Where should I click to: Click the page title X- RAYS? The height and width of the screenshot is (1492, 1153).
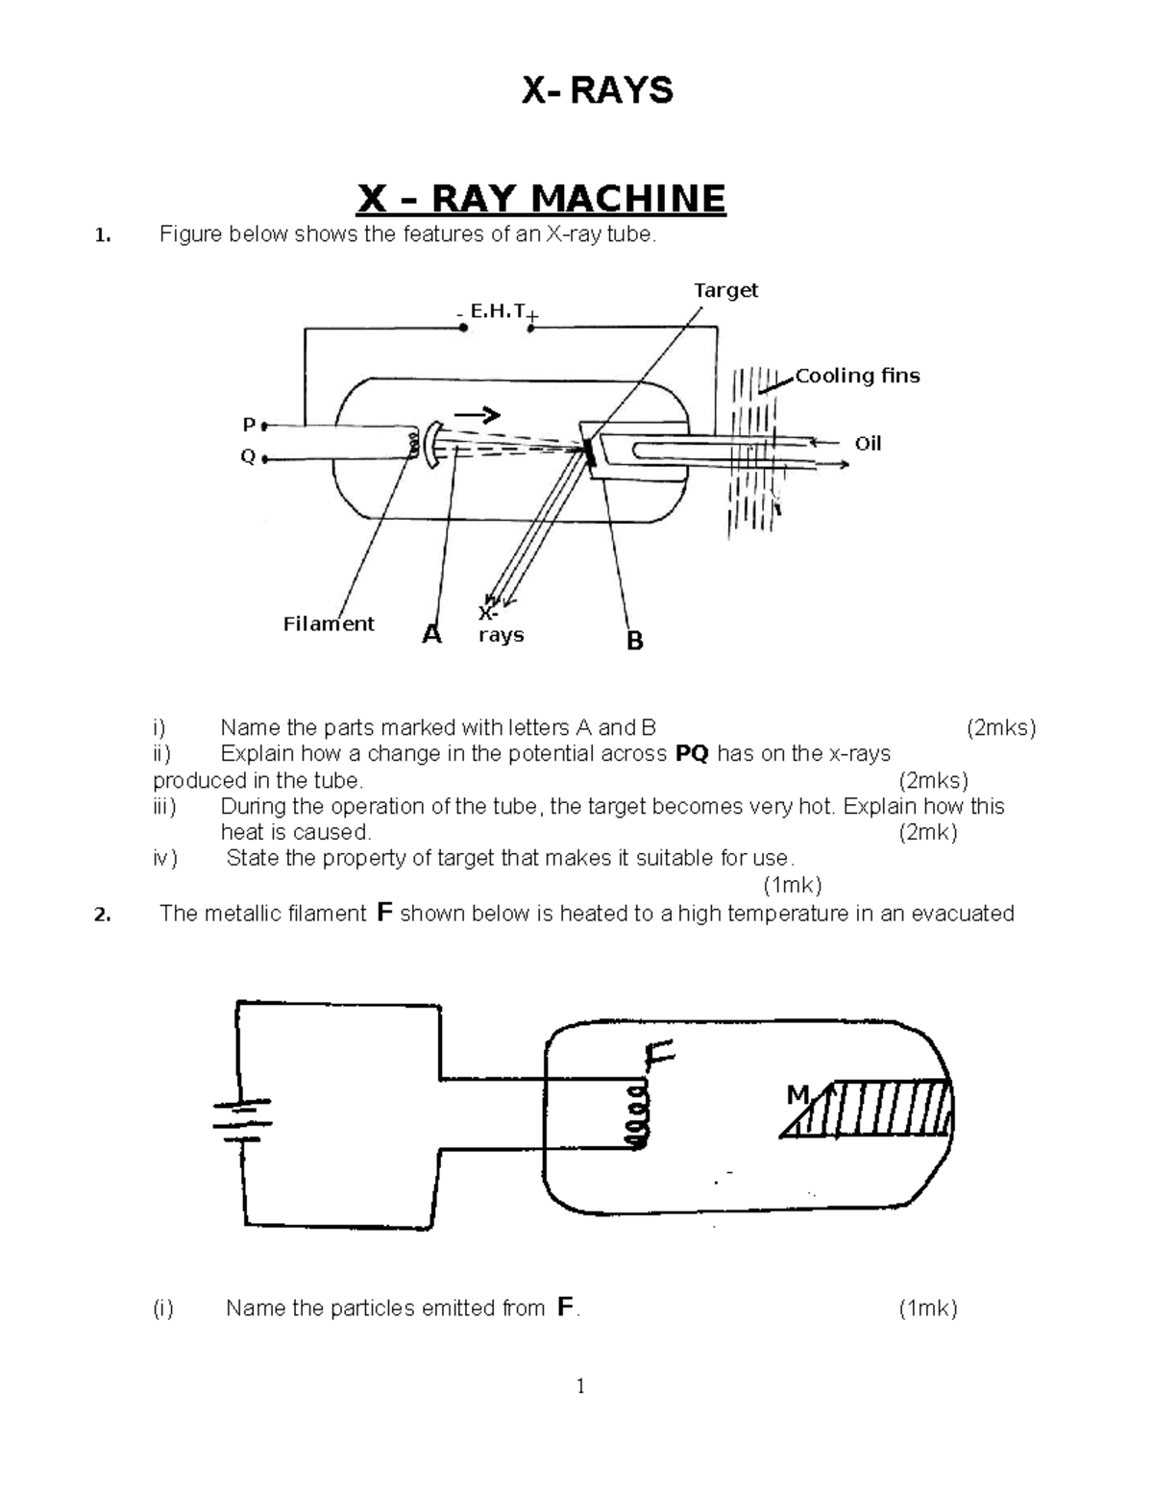[596, 91]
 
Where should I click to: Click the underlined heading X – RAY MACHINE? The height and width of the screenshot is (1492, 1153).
[541, 199]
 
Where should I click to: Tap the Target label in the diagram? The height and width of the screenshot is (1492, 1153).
[725, 290]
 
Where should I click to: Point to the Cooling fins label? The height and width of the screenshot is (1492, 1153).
[857, 376]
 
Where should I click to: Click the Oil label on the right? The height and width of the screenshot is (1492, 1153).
[868, 443]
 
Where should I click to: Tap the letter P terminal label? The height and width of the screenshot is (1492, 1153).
[249, 424]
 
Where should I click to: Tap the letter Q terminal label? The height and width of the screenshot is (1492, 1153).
[248, 457]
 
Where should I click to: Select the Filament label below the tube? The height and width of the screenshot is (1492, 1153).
[329, 624]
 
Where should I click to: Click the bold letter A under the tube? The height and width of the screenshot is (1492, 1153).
[432, 634]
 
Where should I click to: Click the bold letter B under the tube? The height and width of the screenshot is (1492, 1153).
[634, 641]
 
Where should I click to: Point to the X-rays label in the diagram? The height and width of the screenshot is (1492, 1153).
[500, 625]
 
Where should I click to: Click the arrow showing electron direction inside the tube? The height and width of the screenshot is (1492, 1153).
[478, 415]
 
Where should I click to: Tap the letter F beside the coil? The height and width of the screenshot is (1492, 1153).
[661, 1057]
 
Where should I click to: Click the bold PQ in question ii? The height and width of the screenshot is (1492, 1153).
[692, 754]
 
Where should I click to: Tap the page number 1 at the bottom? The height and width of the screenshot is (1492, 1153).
[579, 1385]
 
